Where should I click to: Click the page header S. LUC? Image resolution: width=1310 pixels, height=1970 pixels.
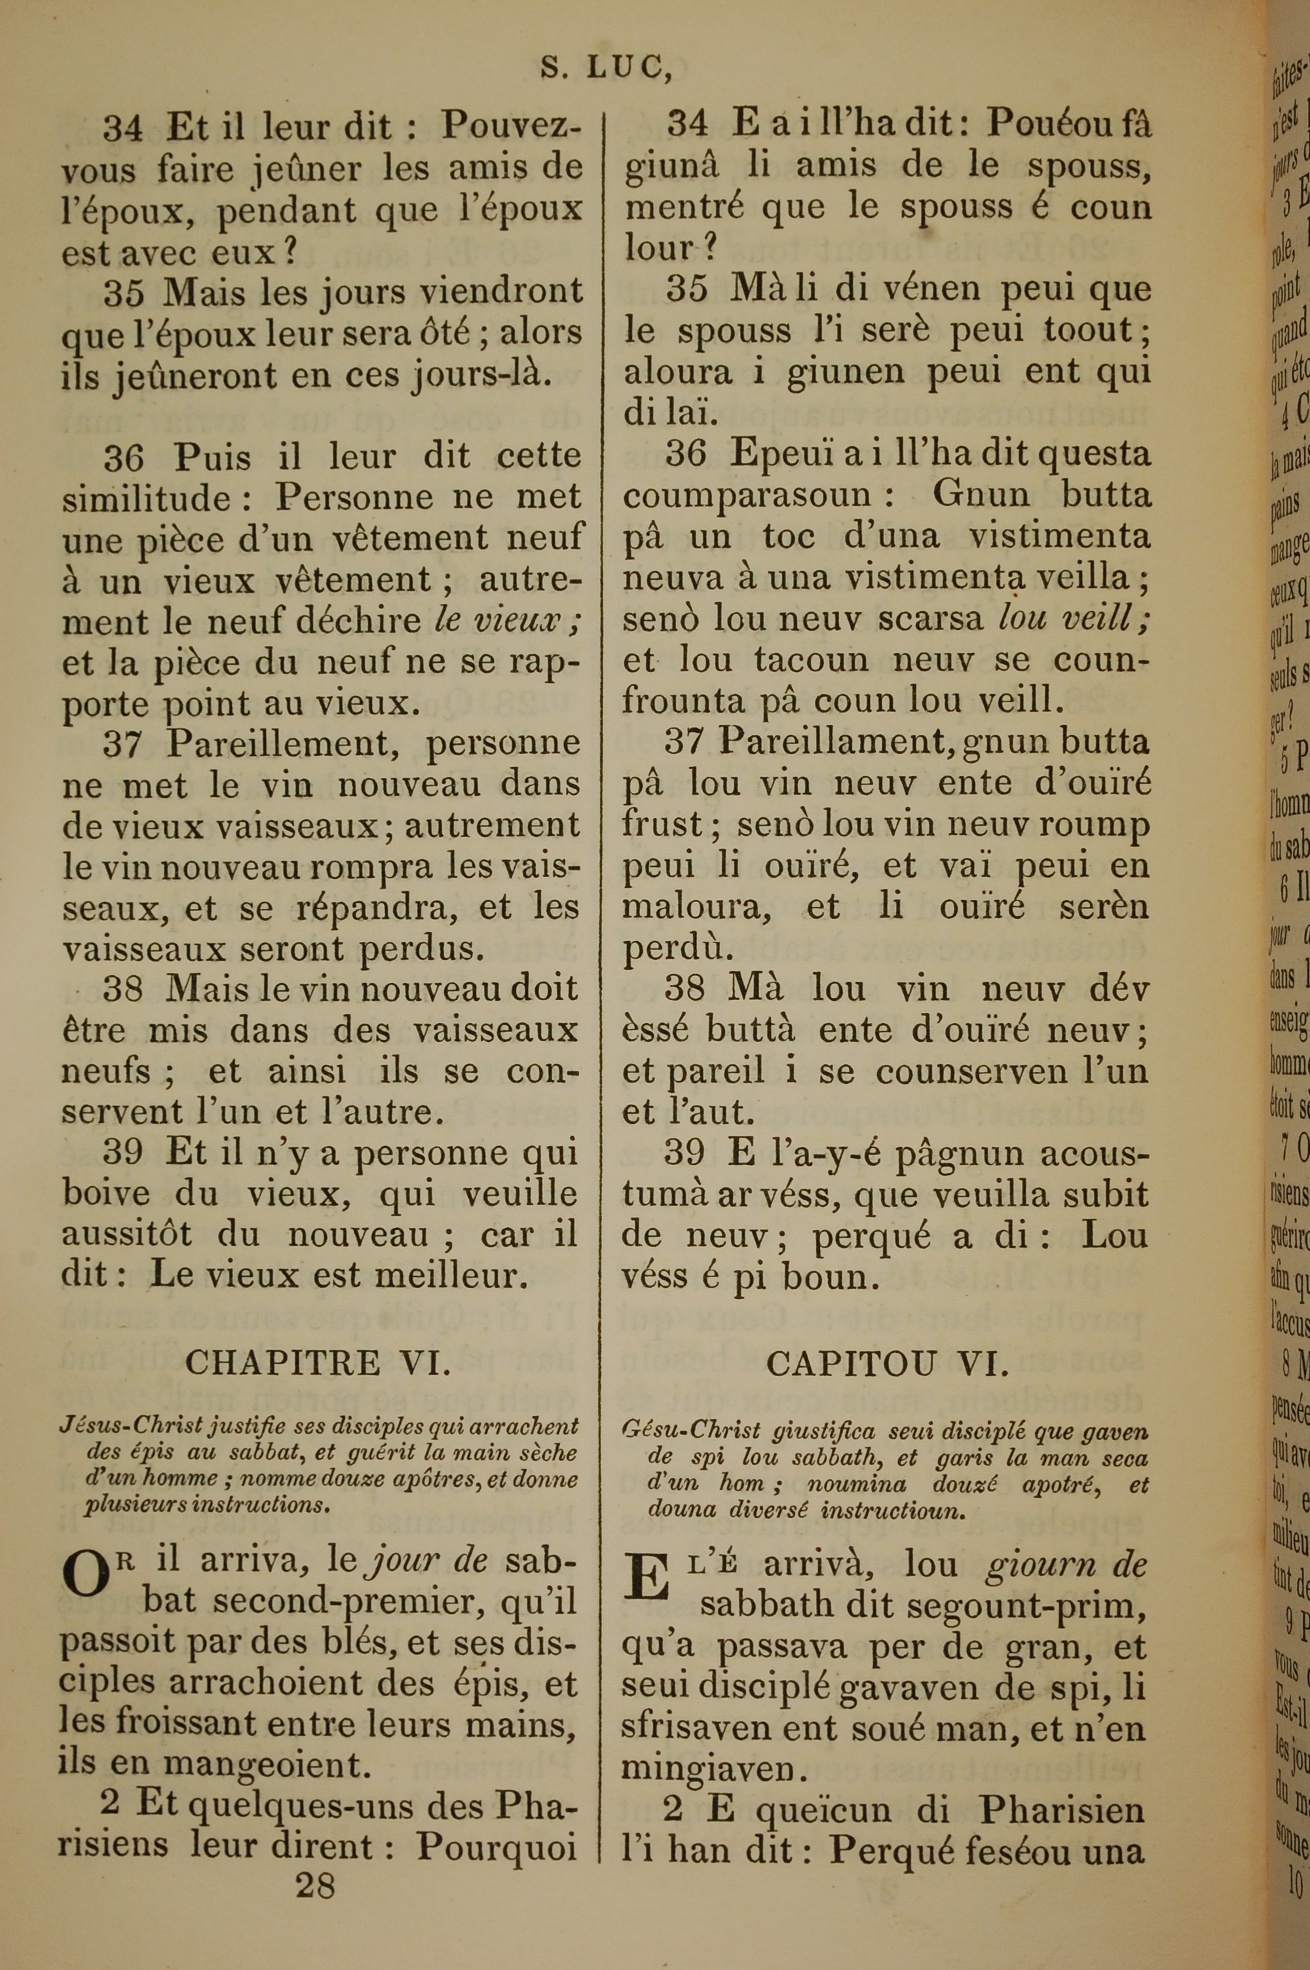coord(606,67)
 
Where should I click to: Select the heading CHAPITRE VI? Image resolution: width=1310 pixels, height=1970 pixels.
coord(318,1362)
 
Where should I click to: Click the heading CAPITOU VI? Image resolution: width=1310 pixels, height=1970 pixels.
coord(888,1364)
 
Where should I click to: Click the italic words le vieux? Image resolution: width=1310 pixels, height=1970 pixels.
coord(508,620)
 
